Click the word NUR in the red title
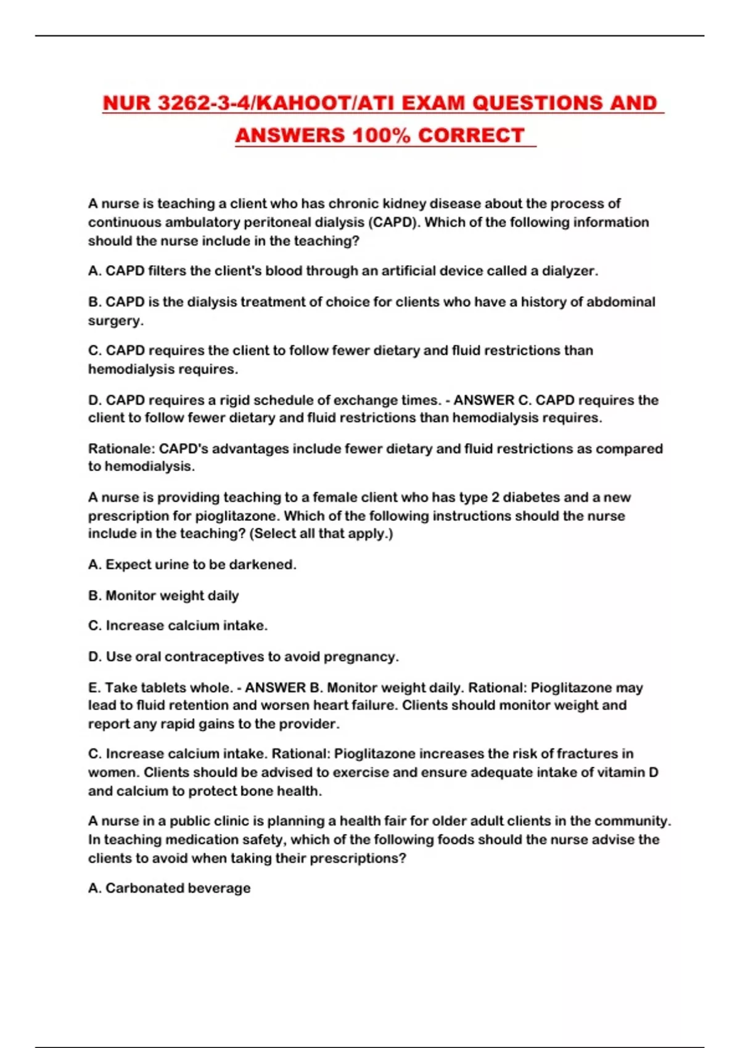(128, 103)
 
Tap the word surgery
(115, 321)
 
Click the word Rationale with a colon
(121, 449)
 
